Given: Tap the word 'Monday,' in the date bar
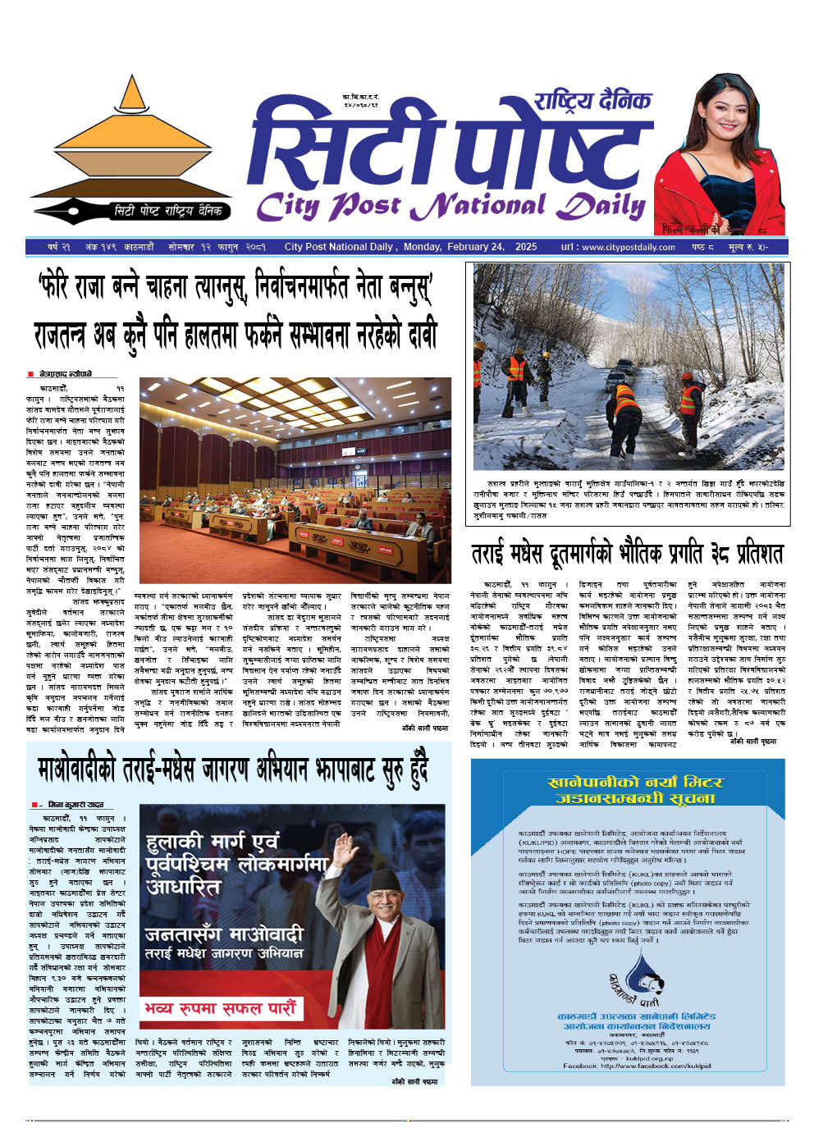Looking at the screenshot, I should point(423,247).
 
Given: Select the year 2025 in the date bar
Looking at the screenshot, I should point(526,247).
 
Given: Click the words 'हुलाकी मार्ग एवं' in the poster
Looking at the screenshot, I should point(212,842).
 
